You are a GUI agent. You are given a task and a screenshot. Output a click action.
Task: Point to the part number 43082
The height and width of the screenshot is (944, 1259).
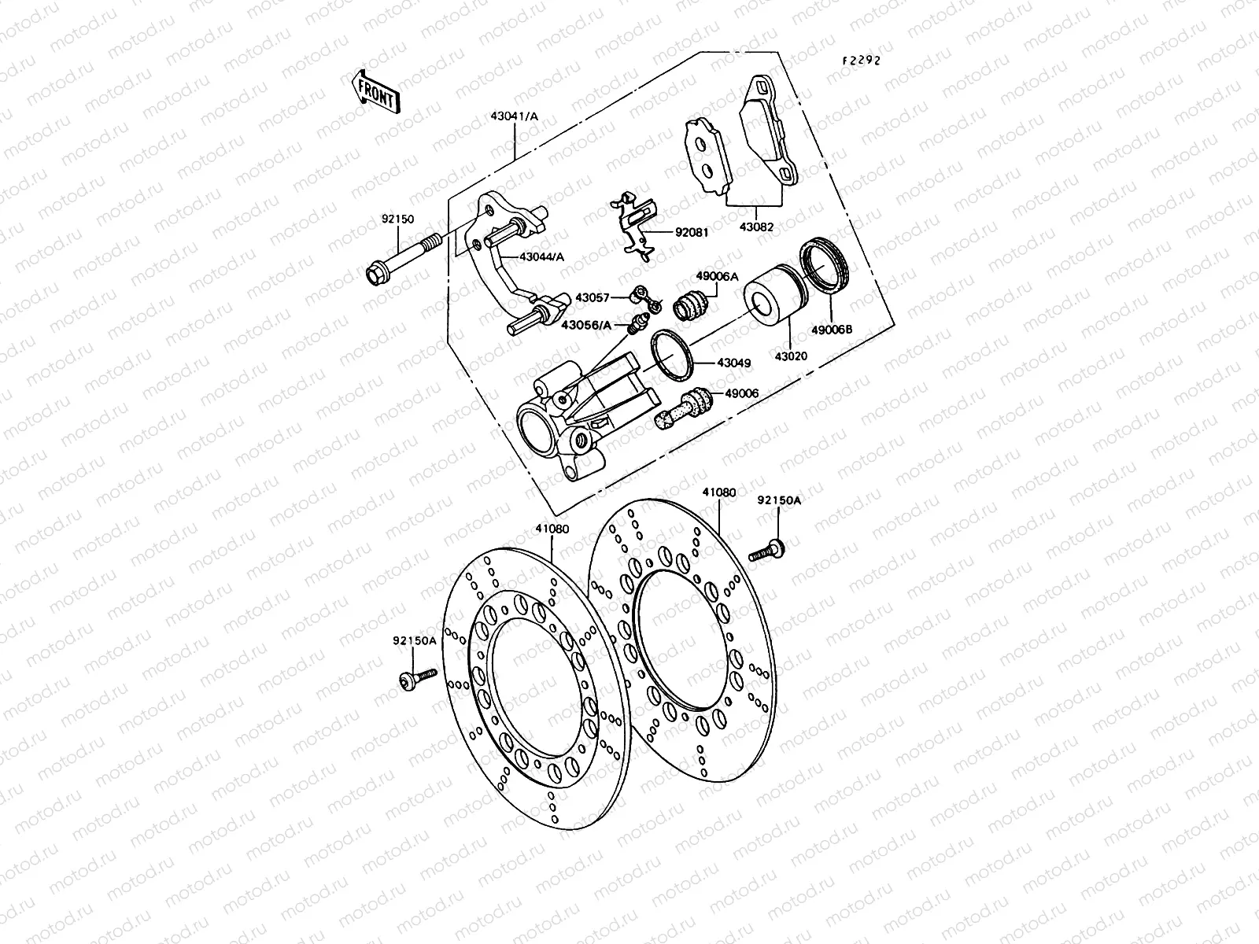[756, 227]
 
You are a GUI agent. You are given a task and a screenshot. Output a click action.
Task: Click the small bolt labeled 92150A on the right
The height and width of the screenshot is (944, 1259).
[766, 550]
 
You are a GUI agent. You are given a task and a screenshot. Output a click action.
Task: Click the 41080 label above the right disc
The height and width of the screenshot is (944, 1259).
[719, 492]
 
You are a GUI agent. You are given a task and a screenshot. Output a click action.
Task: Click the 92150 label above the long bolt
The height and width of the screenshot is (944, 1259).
[397, 221]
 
